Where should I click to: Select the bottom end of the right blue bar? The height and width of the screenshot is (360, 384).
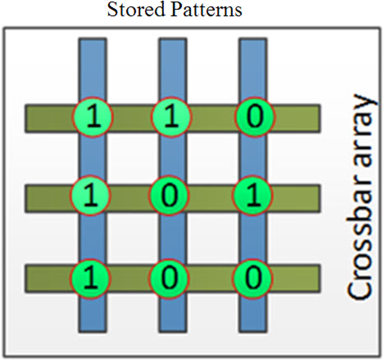[x=252, y=327]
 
